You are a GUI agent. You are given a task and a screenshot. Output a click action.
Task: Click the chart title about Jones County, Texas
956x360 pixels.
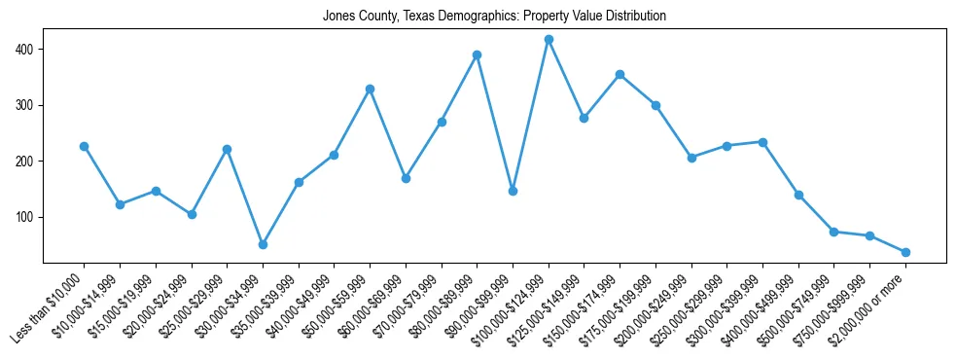point(494,17)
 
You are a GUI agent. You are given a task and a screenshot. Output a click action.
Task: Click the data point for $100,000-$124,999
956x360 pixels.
point(549,40)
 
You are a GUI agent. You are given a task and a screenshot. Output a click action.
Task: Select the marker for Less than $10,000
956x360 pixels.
point(84,146)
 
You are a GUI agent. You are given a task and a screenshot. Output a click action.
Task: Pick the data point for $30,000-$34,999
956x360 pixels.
point(263,244)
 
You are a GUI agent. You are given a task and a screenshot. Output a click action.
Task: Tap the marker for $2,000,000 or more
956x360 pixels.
point(905,252)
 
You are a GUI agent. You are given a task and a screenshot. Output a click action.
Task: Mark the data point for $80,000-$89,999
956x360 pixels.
point(477,54)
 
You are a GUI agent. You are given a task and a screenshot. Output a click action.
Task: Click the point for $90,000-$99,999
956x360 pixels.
point(513,191)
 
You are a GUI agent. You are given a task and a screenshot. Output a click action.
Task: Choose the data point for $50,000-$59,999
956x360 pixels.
point(370,89)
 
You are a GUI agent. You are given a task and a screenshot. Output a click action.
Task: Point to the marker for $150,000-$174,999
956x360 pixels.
point(620,74)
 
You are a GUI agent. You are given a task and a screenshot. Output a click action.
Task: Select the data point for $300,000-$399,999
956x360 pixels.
point(762,142)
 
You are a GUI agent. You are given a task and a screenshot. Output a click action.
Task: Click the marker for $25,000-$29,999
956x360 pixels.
point(227,149)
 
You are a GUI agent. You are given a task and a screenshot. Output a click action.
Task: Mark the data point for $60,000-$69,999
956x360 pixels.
point(406,178)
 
